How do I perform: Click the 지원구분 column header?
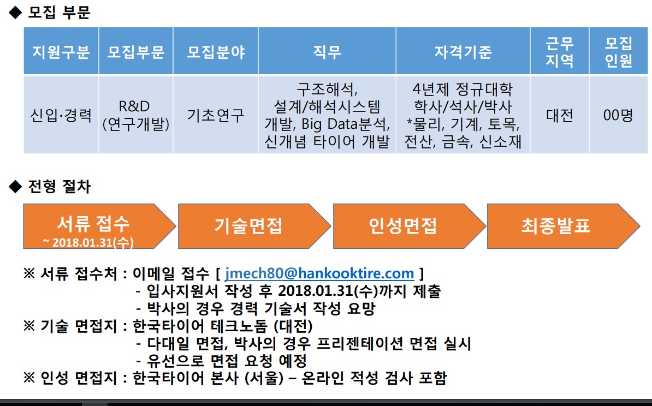(61, 51)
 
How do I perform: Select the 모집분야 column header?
(216, 51)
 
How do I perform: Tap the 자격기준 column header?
(463, 51)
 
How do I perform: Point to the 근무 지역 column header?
(560, 51)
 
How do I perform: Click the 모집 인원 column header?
(619, 51)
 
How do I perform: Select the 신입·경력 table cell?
(61, 115)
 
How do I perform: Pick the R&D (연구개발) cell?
(136, 115)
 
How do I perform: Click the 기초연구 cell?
(216, 115)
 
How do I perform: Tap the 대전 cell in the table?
(560, 115)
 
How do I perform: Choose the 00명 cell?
(619, 115)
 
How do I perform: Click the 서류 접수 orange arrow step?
(99, 226)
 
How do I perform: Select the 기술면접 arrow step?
(254, 226)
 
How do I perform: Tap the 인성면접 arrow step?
(409, 226)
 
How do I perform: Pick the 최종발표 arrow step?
(564, 226)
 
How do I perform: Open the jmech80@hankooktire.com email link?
(319, 273)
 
